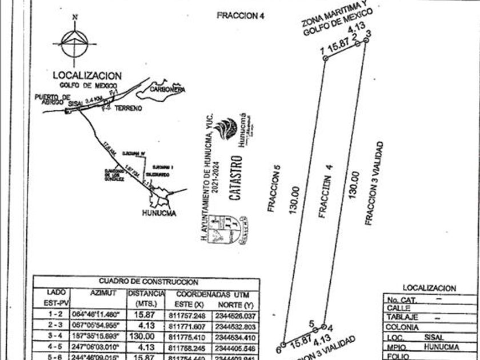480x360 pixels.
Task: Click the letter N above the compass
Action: tap(74, 17)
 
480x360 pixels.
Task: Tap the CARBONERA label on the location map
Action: tap(167, 90)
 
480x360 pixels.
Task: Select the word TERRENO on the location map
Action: tap(127, 108)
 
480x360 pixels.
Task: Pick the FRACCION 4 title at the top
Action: tap(240, 16)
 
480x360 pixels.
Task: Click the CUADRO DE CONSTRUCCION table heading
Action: tap(149, 282)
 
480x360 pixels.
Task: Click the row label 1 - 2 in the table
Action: tap(56, 315)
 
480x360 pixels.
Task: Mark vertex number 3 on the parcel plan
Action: tap(368, 34)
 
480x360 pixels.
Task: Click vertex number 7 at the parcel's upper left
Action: tap(323, 53)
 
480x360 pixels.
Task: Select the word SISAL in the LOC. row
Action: tap(430, 338)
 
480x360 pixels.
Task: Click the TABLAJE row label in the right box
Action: tap(402, 317)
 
